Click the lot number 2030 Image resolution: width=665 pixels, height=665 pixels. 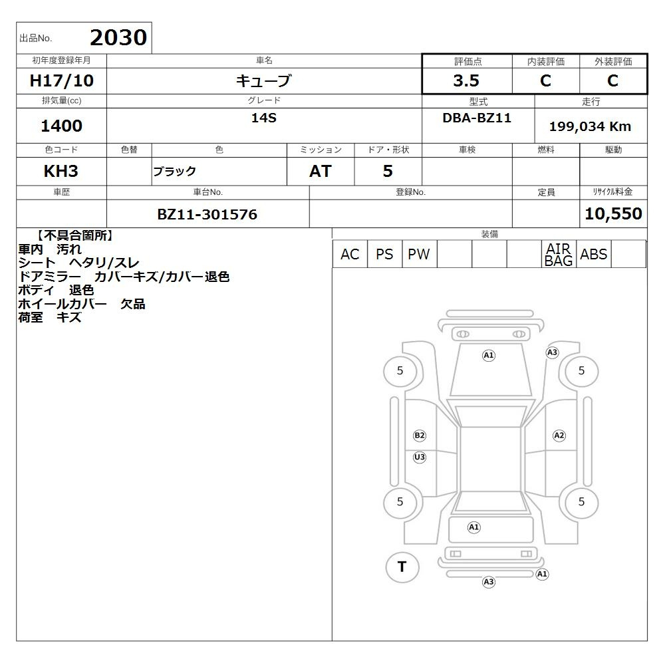click(118, 37)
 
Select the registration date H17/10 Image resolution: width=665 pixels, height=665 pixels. click(61, 80)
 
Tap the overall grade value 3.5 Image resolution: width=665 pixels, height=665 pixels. click(466, 80)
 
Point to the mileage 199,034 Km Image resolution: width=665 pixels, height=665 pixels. click(590, 126)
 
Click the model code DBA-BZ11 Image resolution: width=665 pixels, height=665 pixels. click(477, 118)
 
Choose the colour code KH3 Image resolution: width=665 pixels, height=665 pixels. click(61, 171)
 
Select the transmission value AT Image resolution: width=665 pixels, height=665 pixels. click(321, 171)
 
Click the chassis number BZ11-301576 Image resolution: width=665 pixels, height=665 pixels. click(207, 214)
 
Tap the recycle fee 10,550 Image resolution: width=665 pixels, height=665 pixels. click(613, 213)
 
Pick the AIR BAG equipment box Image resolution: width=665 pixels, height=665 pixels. click(559, 254)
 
